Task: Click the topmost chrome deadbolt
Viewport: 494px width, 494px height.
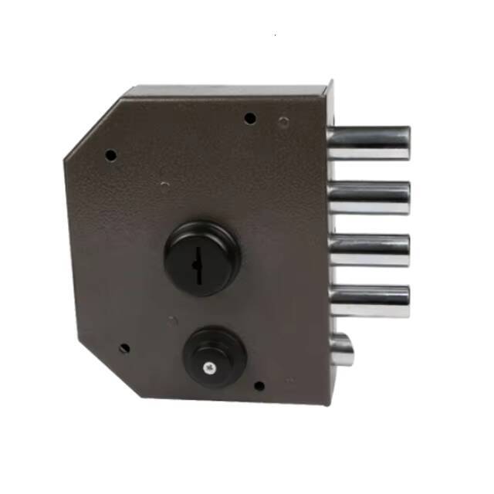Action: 368,144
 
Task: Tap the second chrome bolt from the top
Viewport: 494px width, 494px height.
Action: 368,198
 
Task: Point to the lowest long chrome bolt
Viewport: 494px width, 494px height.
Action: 368,301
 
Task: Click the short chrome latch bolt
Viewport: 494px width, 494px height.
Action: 341,350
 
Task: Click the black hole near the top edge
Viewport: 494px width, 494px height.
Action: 249,118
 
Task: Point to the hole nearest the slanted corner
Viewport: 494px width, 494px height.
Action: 110,155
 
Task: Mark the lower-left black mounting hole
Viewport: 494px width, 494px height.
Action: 123,348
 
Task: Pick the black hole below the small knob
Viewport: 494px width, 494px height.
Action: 259,385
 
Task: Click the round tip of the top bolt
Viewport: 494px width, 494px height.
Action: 406,144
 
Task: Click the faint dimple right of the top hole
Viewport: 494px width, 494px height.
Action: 284,122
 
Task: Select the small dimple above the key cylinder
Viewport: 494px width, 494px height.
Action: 164,184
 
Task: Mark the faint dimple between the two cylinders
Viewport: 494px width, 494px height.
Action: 173,320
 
